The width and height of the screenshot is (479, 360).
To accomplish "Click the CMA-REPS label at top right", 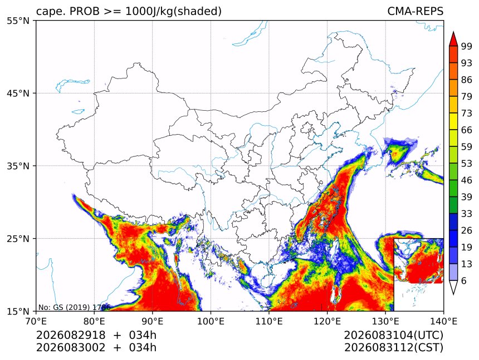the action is point(415,11).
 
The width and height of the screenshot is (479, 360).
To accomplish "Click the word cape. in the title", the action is point(51,12).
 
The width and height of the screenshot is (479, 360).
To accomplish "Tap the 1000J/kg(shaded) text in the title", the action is point(174,11).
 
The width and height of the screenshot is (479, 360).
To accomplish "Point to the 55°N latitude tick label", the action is point(18,21).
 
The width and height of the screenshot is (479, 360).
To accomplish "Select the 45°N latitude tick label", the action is point(18,93).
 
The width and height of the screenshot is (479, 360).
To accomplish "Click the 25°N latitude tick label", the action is point(18,239).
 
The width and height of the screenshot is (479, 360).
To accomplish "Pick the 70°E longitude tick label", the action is point(36,321).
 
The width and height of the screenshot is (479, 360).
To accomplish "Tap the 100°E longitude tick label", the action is point(211,321).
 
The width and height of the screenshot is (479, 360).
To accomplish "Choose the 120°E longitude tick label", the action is point(327,321).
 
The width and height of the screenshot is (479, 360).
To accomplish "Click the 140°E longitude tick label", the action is point(443,321).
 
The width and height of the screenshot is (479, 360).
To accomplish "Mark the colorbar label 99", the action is point(467,46).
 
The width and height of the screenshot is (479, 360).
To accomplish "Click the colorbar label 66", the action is point(467,130).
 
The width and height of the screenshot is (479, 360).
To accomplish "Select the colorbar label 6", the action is point(464,280).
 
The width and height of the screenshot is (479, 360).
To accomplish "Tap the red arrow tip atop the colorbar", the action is point(453,32).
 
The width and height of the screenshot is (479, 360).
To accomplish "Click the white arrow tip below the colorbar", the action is point(453,294).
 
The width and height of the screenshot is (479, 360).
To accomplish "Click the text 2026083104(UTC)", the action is point(393,336).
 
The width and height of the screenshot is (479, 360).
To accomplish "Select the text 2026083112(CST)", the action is point(393,348).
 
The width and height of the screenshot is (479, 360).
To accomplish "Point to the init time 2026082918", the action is point(71,335).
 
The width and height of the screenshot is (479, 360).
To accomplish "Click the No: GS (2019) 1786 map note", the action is point(74,307).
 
